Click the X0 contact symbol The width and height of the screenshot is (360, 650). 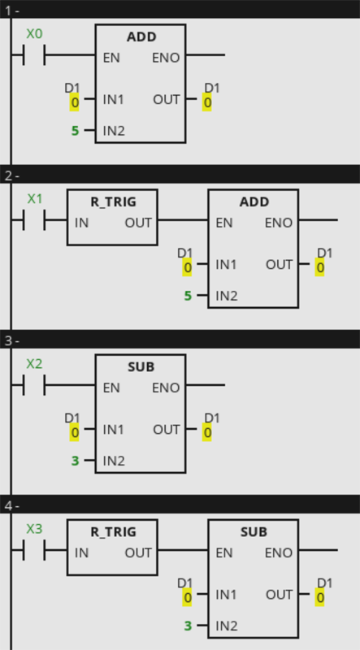pyautogui.click(x=34, y=54)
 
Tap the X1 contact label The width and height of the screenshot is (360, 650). pyautogui.click(x=35, y=199)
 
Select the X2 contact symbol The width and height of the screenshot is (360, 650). pyautogui.click(x=34, y=384)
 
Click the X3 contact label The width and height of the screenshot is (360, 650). pyautogui.click(x=34, y=529)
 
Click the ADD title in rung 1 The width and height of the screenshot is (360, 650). pyautogui.click(x=141, y=37)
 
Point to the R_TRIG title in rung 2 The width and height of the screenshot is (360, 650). pyautogui.click(x=113, y=201)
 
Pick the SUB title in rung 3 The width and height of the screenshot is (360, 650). pyautogui.click(x=141, y=367)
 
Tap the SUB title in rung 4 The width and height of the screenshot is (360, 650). pyautogui.click(x=254, y=532)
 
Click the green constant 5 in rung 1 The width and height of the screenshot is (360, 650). pyautogui.click(x=75, y=131)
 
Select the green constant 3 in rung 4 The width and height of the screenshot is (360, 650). pyautogui.click(x=188, y=626)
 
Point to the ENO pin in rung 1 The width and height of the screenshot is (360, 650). pyautogui.click(x=166, y=58)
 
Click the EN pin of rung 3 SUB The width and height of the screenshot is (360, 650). pyautogui.click(x=111, y=388)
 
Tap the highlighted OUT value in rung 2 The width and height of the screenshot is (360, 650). pyautogui.click(x=319, y=267)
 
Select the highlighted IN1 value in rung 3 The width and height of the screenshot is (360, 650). pyautogui.click(x=74, y=432)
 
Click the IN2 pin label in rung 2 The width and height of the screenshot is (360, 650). pyautogui.click(x=227, y=296)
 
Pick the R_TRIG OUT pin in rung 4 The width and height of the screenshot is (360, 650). pyautogui.click(x=138, y=553)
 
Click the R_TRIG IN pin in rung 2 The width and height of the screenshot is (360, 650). pyautogui.click(x=82, y=223)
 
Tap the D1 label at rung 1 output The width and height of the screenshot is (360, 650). pyautogui.click(x=212, y=88)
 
